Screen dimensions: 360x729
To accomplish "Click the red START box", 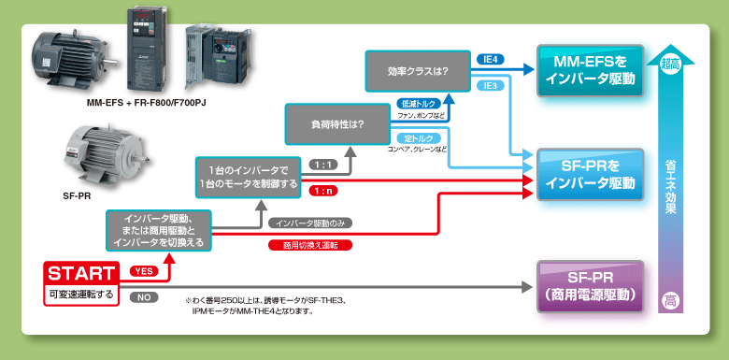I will pos(81,273).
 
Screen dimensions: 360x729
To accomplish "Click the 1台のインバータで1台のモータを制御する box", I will pos(249,177).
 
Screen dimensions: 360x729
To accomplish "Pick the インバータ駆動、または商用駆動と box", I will pos(159,230).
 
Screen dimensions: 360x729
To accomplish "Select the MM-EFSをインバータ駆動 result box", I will pos(590,70).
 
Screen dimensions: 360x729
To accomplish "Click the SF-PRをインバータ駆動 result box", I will pos(590,174).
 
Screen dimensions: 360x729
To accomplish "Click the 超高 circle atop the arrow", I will pos(670,64).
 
